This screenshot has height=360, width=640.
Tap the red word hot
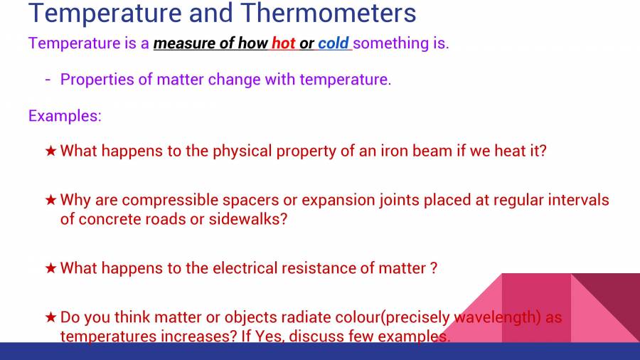click(283, 43)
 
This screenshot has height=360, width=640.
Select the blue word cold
click(333, 43)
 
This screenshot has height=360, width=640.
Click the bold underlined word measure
click(184, 43)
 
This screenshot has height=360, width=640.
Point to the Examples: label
click(65, 116)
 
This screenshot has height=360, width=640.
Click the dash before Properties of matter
click(48, 79)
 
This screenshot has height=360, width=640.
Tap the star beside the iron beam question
click(50, 152)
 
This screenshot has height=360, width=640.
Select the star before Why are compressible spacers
click(50, 201)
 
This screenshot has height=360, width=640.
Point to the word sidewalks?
click(247, 219)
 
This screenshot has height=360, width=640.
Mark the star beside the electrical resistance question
click(50, 268)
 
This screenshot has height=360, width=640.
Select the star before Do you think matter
click(50, 317)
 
